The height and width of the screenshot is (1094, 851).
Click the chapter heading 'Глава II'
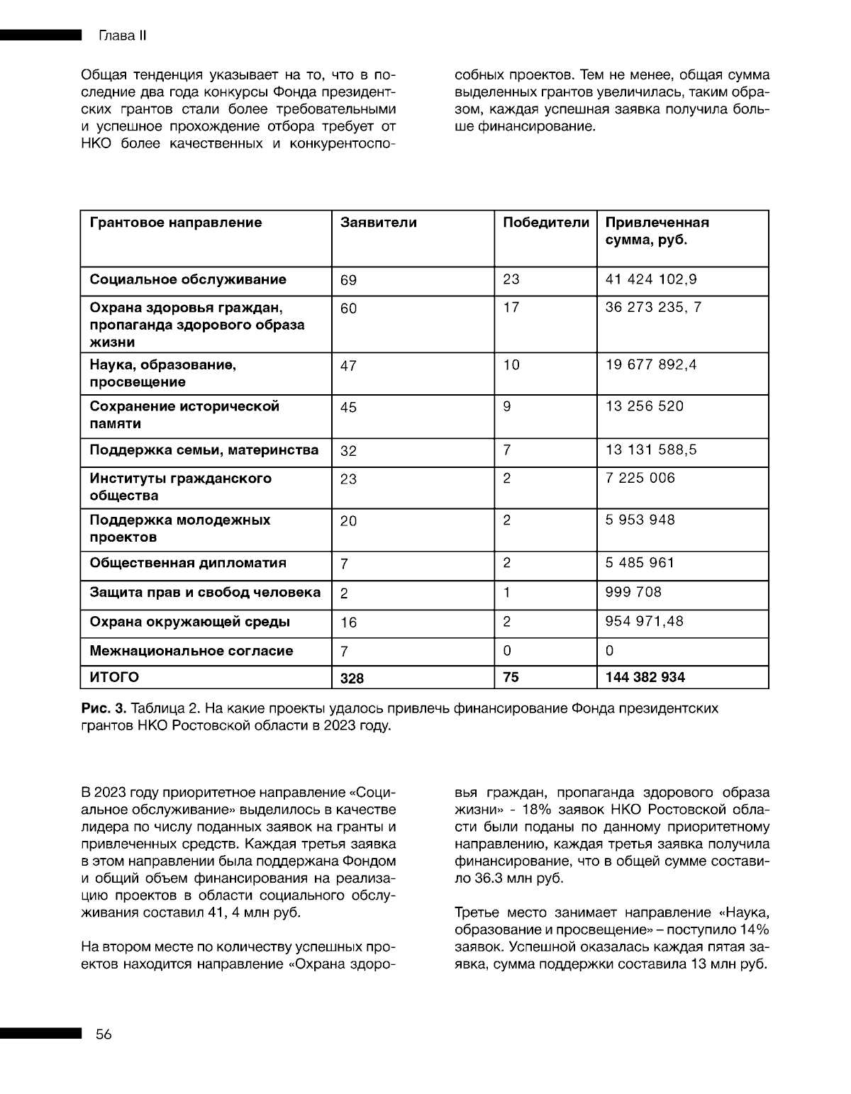pyautogui.click(x=121, y=36)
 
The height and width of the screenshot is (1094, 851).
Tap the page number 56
pyautogui.click(x=104, y=1034)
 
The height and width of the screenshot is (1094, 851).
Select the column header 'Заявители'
pyautogui.click(x=378, y=223)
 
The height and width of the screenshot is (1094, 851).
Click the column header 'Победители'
pyautogui.click(x=545, y=223)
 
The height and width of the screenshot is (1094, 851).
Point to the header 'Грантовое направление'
pyautogui.click(x=175, y=223)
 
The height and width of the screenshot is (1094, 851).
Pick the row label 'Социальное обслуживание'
pyautogui.click(x=187, y=279)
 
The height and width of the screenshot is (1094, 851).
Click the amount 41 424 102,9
pyautogui.click(x=650, y=279)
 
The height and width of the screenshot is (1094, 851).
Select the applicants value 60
pyautogui.click(x=348, y=308)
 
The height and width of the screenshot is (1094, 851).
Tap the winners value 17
pyautogui.click(x=511, y=308)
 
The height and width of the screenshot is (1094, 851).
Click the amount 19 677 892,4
pyautogui.click(x=650, y=365)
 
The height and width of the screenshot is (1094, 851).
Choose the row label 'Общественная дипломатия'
pyautogui.click(x=187, y=563)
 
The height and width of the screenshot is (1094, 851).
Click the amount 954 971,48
pyautogui.click(x=644, y=621)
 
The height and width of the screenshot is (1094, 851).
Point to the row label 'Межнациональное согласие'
pyautogui.click(x=191, y=651)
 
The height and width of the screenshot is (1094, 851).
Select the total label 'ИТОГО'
pyautogui.click(x=113, y=677)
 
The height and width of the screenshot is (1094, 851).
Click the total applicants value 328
pyautogui.click(x=352, y=679)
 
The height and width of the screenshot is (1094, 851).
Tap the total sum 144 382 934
pyautogui.click(x=645, y=677)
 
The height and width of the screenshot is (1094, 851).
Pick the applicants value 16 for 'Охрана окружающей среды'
pyautogui.click(x=348, y=623)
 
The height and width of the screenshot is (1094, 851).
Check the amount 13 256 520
pyautogui.click(x=644, y=406)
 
